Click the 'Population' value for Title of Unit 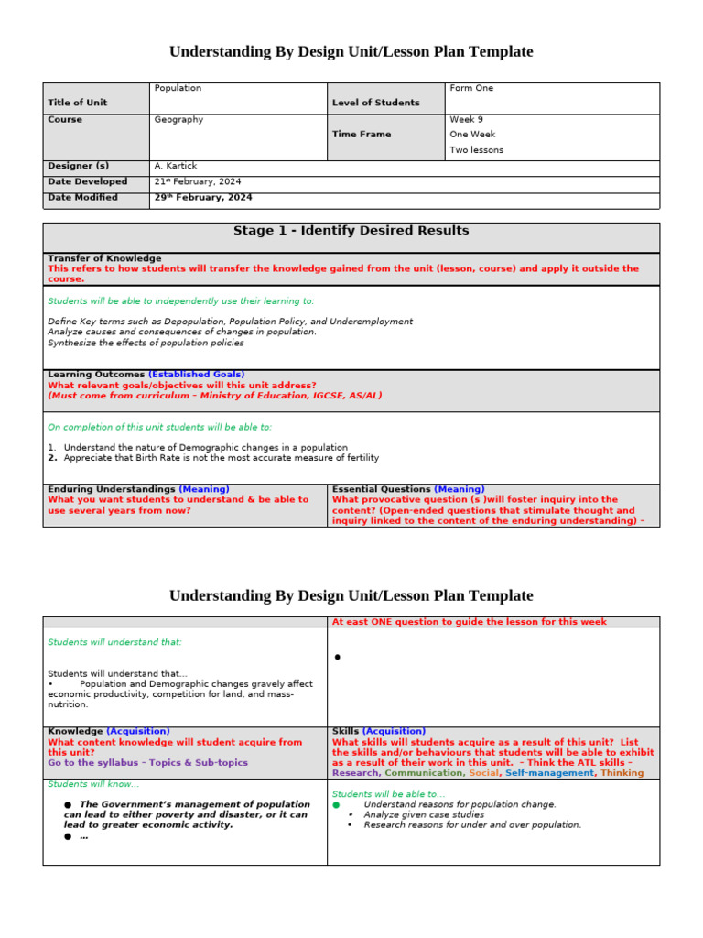178,88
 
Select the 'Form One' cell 471,88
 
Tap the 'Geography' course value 178,119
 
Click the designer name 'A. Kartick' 176,166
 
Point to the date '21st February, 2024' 199,181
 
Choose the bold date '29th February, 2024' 203,197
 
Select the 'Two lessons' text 476,150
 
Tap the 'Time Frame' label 361,134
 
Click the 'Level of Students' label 375,103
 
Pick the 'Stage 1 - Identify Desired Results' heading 351,231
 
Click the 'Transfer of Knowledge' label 104,258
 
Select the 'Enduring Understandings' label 111,489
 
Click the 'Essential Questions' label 381,489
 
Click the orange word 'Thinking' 622,772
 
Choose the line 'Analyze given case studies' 424,814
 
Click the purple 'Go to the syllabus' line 147,762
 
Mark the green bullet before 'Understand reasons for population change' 336,804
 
